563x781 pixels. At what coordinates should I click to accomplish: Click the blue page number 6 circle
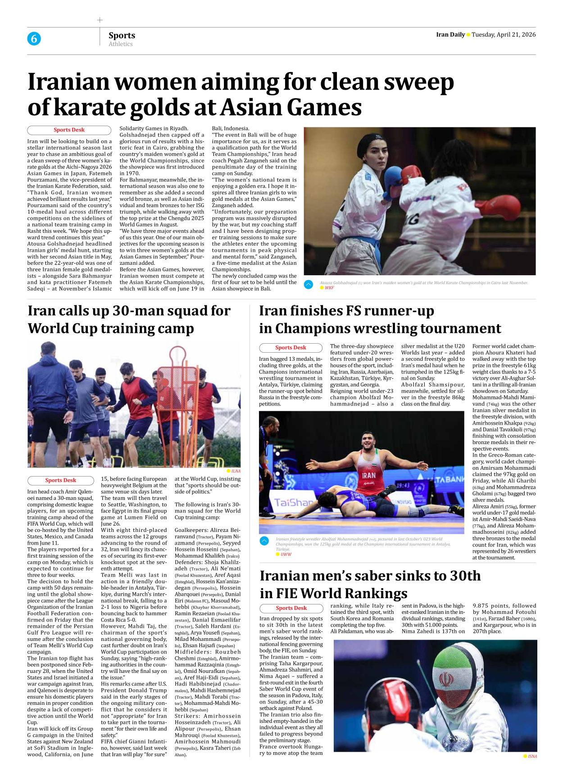34,39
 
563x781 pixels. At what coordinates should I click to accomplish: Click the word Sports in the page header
122,35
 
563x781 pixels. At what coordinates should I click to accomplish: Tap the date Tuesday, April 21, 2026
504,35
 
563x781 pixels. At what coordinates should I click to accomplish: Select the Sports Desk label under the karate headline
69,130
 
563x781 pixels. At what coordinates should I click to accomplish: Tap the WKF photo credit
329,288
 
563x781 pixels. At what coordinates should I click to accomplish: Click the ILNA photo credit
236,471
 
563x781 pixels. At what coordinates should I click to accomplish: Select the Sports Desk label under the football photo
60,481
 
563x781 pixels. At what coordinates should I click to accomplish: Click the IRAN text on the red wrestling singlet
368,475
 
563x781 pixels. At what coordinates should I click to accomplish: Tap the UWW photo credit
286,554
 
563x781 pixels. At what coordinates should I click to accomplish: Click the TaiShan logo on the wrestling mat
293,502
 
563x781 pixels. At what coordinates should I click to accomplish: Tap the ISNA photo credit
532,756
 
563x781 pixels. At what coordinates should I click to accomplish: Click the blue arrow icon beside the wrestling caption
264,540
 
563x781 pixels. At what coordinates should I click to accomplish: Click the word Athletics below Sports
121,44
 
